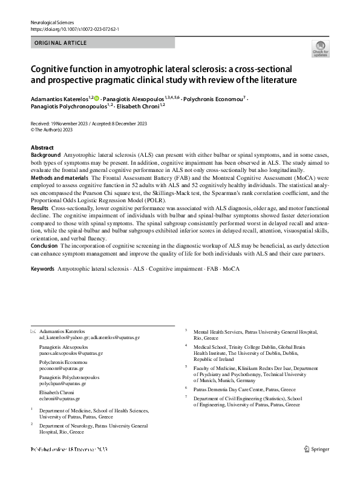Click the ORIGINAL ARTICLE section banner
pyautogui.click(x=61, y=43)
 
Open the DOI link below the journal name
pyautogui.click(x=76, y=29)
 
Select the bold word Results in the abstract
pyautogui.click(x=39, y=208)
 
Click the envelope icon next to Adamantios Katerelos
pyautogui.click(x=33, y=331)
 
